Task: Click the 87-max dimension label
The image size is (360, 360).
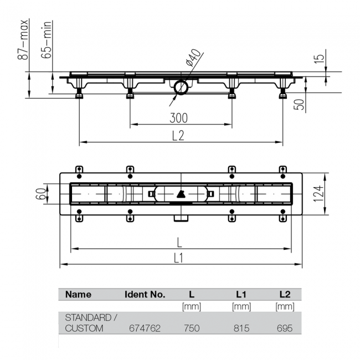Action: (x=23, y=39)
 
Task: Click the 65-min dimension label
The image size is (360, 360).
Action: (x=46, y=39)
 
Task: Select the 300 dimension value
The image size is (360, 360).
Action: (x=179, y=118)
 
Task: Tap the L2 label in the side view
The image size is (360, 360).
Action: (x=178, y=136)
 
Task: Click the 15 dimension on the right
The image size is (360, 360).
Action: (x=320, y=58)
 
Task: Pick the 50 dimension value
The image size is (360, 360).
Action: (x=299, y=104)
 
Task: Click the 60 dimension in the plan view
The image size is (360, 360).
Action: (x=41, y=194)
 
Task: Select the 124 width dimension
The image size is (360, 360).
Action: (x=318, y=194)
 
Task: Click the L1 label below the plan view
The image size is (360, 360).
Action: (x=178, y=258)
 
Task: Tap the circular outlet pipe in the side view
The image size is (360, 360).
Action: (x=181, y=88)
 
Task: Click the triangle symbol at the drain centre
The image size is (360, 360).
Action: (x=181, y=194)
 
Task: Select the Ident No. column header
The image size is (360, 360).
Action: (x=145, y=294)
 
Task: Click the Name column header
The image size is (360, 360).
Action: (x=78, y=294)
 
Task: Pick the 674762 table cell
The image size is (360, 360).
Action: (x=145, y=328)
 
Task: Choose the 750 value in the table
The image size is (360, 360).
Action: (x=192, y=328)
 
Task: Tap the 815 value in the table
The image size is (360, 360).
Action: (x=241, y=328)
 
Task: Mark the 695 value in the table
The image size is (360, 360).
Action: (x=285, y=328)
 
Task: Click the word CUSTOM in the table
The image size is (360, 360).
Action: (x=84, y=328)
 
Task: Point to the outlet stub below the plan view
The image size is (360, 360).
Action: (x=181, y=218)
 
